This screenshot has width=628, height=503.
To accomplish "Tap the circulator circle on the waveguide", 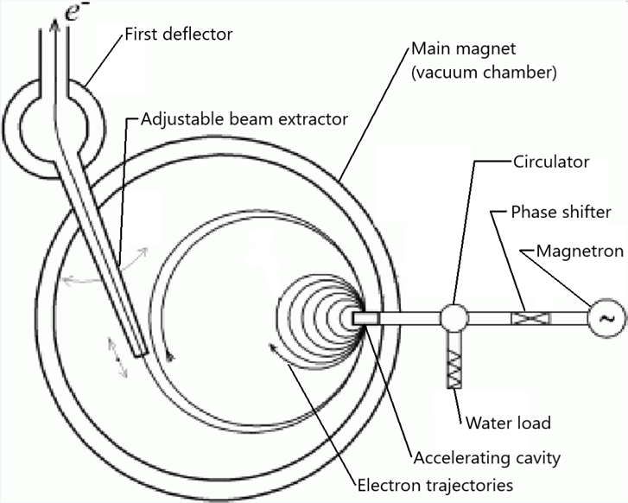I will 454,318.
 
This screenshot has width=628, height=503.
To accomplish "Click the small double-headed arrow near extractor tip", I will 117,357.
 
